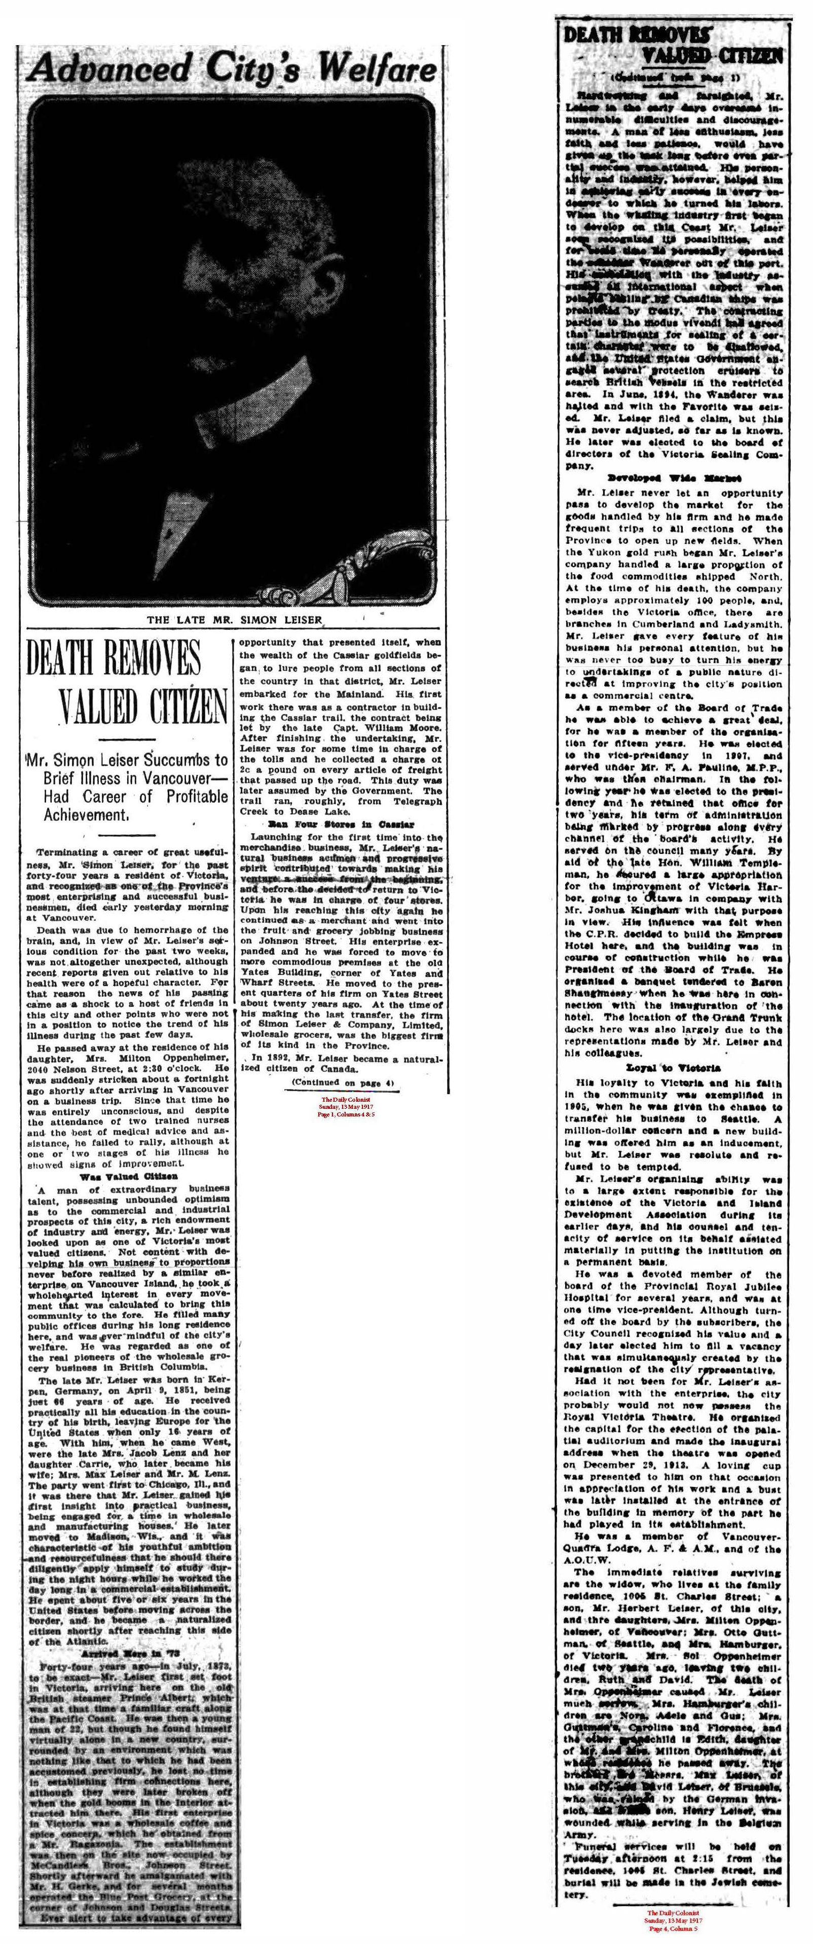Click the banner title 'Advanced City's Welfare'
coord(230,71)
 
